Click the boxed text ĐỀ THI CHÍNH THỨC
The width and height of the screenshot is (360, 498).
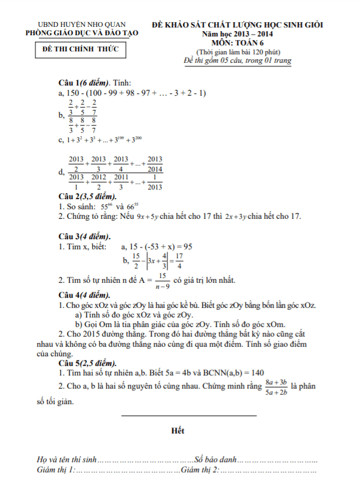[x=81, y=51]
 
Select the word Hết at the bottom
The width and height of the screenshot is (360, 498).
[x=178, y=430]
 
